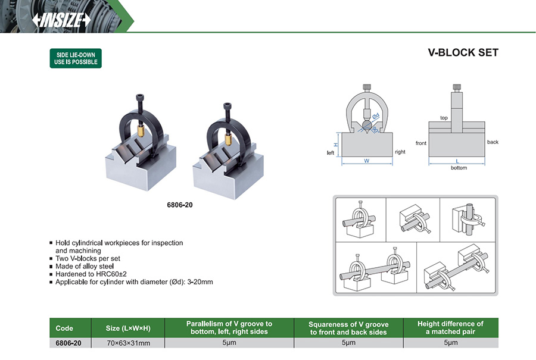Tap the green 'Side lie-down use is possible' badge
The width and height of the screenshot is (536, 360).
[75, 58]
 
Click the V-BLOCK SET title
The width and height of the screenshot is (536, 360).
[463, 52]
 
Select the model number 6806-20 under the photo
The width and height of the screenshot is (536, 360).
[180, 204]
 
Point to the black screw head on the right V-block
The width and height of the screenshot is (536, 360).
[227, 107]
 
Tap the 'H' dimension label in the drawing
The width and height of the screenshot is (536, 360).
[335, 145]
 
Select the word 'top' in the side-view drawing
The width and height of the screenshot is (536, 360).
[444, 118]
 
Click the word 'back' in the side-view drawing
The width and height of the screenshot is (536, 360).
[493, 142]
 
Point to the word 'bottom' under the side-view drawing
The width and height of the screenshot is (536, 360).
[459, 168]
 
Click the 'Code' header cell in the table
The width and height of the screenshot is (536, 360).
[64, 328]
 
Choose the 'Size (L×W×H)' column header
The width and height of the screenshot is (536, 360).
[127, 328]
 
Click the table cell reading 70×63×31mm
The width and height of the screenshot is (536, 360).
[127, 343]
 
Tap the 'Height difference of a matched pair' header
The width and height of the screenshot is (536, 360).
[450, 328]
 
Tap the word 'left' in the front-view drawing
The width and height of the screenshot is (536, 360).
[331, 153]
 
